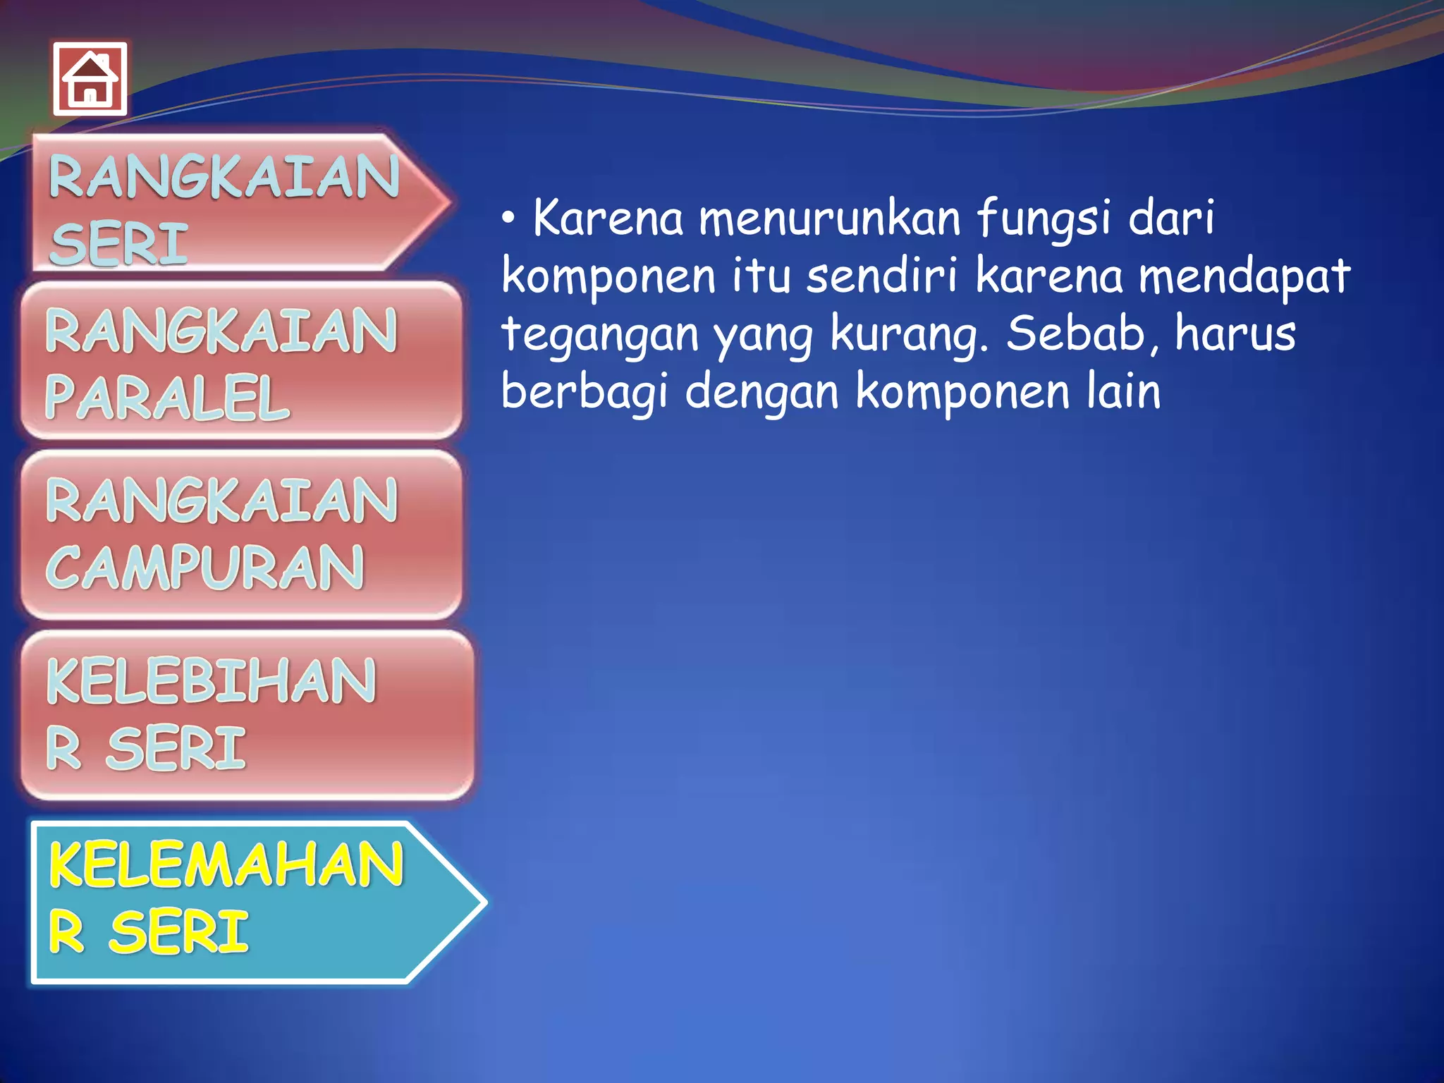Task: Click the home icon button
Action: (x=90, y=78)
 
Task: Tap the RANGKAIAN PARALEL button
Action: (x=240, y=361)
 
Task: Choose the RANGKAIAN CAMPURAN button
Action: (x=240, y=534)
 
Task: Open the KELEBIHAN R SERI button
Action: (x=245, y=714)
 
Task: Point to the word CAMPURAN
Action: (x=205, y=568)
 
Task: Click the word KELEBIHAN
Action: (x=211, y=681)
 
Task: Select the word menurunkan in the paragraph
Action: (x=829, y=219)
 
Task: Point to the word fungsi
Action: (x=1044, y=219)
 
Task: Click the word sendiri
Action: (x=882, y=276)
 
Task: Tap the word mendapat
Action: (x=1244, y=277)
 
